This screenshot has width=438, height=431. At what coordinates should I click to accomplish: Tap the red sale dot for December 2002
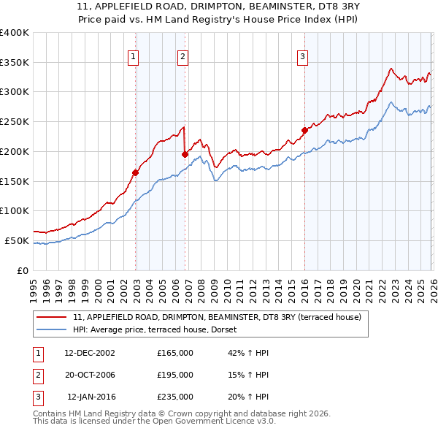click(136, 172)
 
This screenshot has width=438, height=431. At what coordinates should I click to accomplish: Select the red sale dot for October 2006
click(185, 154)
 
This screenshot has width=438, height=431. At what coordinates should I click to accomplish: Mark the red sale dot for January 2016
click(304, 131)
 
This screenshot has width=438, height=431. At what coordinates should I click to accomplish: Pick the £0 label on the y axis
click(23, 270)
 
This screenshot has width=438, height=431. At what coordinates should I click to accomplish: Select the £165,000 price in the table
click(175, 353)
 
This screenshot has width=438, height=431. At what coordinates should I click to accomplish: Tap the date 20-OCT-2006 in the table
click(90, 375)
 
